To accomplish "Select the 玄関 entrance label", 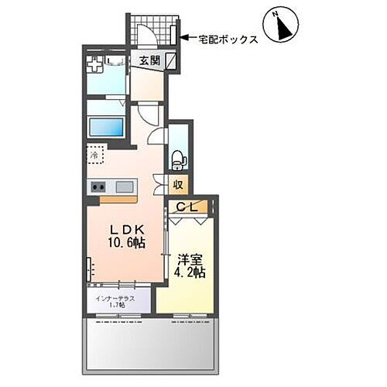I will [x=150, y=60].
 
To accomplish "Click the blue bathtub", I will [x=108, y=126].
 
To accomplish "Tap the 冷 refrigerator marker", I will [x=94, y=154].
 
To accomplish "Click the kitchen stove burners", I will [x=98, y=186].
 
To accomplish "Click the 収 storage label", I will [x=178, y=184].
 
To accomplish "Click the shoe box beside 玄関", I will [x=171, y=61].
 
